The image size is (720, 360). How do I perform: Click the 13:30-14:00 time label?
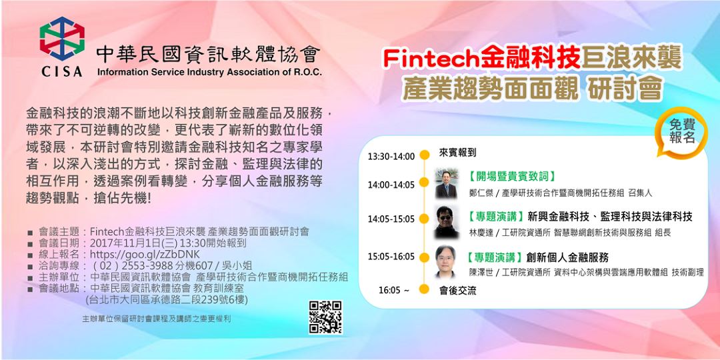click(391, 157)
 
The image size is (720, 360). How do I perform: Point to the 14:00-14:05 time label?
click(391, 185)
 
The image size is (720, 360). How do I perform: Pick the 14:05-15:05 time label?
click(391, 219)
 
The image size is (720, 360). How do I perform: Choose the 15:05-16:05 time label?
click(391, 257)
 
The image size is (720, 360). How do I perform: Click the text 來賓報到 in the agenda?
click(458, 153)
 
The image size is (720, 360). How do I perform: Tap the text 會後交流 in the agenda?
click(458, 290)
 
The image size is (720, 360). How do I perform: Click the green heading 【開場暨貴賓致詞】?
click(511, 177)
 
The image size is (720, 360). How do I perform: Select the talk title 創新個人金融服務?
click(567, 257)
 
